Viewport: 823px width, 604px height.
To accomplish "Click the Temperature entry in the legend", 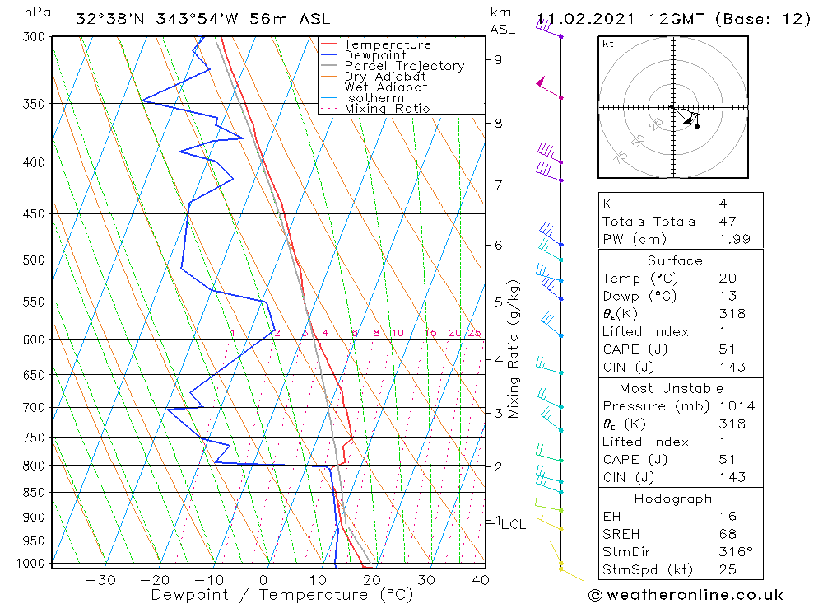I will [x=387, y=44].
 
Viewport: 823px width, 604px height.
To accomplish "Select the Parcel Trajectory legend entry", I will [x=404, y=66].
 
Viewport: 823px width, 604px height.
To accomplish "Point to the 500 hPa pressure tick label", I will [x=34, y=260].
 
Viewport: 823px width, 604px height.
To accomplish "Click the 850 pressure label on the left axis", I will [x=34, y=493].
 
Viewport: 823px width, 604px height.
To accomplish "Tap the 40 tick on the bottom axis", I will [x=480, y=580].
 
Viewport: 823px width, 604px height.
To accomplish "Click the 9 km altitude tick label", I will [x=498, y=59].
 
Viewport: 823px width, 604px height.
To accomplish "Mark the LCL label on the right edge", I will [x=514, y=524].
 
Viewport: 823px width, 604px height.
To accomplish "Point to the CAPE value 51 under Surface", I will [x=727, y=349].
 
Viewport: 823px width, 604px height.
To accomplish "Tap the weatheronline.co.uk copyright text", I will [x=686, y=595].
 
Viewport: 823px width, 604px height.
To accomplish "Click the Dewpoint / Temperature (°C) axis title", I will [x=281, y=595].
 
